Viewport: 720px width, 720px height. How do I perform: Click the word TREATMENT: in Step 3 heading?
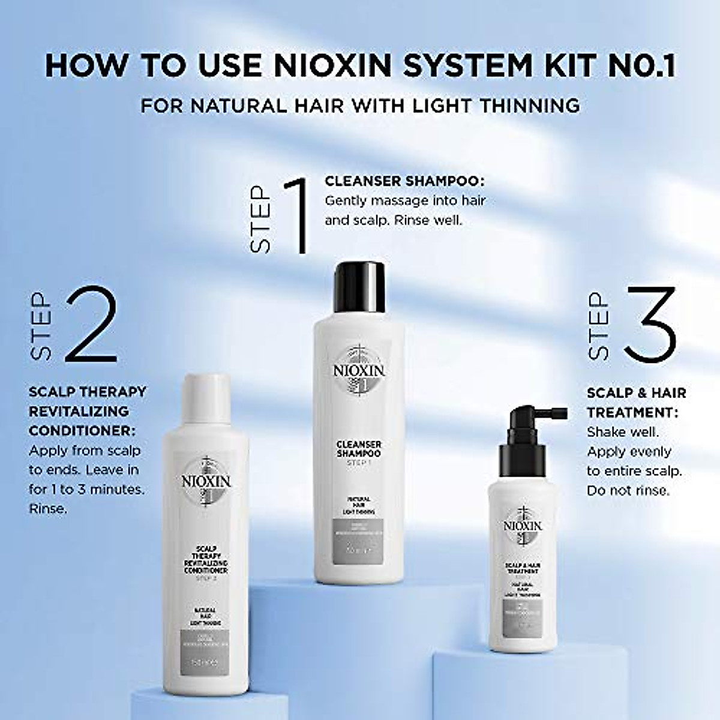click(632, 413)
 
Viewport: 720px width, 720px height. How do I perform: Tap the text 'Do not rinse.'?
click(628, 490)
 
